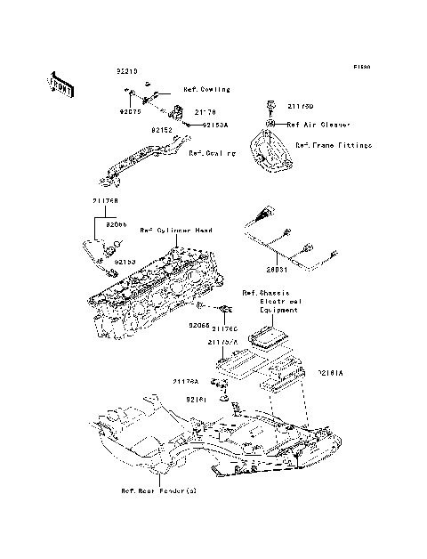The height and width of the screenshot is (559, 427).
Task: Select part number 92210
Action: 128,69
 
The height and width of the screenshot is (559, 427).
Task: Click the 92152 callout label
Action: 161,130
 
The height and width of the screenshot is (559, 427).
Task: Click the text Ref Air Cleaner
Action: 318,126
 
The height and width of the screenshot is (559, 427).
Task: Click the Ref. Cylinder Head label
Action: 176,231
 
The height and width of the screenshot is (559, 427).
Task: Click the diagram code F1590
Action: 360,67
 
